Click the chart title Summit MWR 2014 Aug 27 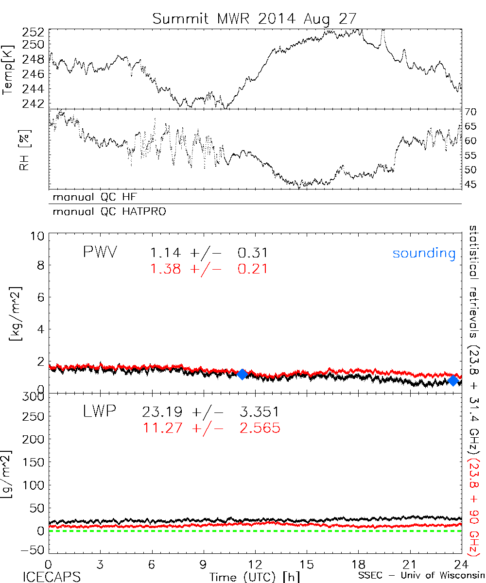pyautogui.click(x=254, y=18)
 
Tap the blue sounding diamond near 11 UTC pyautogui.click(x=242, y=374)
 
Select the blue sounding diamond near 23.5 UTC pyautogui.click(x=453, y=380)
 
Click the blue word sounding pyautogui.click(x=424, y=253)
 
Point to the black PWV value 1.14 pyautogui.click(x=166, y=253)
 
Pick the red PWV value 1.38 pyautogui.click(x=166, y=268)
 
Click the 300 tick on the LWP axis pyautogui.click(x=35, y=397)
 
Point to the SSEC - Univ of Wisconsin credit pyautogui.click(x=421, y=577)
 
